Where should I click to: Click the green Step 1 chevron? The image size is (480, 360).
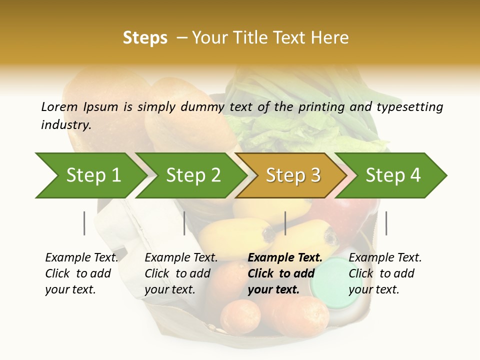pos(90,175)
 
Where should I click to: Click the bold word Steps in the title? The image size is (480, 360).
pos(145,38)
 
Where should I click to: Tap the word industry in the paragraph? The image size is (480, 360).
pos(66,125)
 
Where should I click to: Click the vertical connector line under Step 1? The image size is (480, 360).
pos(84,223)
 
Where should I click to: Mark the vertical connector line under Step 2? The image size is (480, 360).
pos(184,223)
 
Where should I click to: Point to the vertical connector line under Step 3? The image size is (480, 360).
pos(285,223)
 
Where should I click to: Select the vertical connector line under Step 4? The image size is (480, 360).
pos(386,223)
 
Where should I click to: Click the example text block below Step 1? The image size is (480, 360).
pos(81,273)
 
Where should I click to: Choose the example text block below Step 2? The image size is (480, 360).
pos(181,273)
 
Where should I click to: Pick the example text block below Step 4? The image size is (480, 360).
pos(385,273)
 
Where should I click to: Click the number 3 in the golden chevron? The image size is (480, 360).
pos(315,175)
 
